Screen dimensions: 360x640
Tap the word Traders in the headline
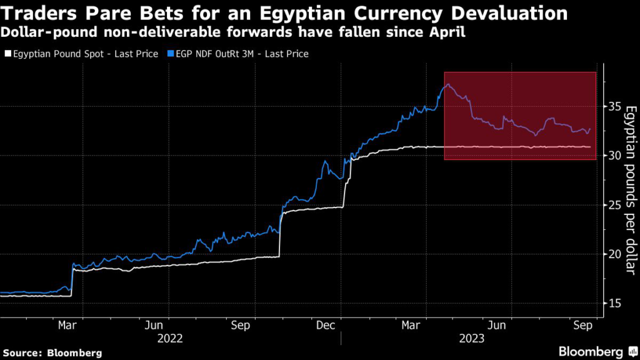click(x=40, y=12)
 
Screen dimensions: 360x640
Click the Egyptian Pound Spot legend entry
click(x=85, y=54)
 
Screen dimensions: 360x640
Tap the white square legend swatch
click(x=7, y=54)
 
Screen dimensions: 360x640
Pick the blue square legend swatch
click(x=171, y=54)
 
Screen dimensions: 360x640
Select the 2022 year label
click(x=170, y=338)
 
